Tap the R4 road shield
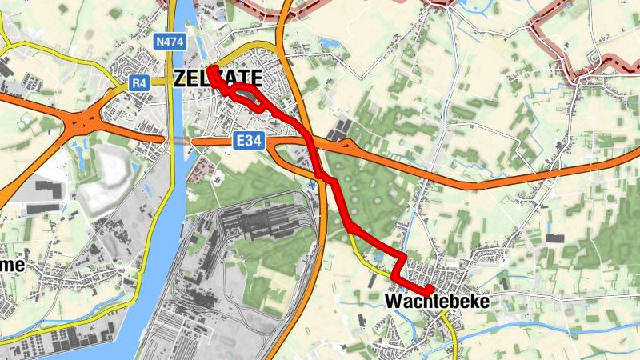140,82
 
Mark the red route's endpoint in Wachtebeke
430,289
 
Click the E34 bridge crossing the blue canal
178,140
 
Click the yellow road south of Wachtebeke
454,340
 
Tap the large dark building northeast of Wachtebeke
554,238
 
